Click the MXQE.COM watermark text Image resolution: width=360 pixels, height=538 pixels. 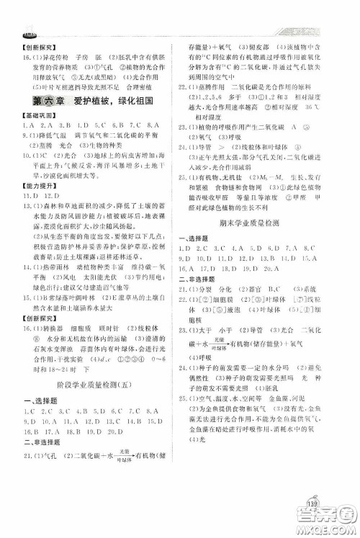[332, 526]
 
